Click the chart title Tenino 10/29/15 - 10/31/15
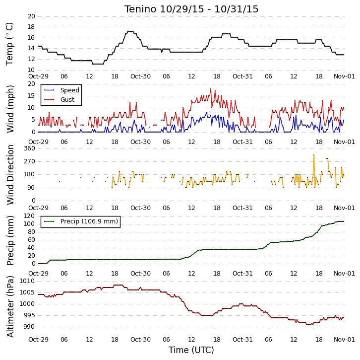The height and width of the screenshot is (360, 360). pos(191,9)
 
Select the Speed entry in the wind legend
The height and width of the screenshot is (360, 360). pos(70,90)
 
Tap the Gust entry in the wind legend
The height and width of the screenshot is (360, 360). pos(67,99)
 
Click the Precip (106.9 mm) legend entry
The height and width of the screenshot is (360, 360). pos(89,221)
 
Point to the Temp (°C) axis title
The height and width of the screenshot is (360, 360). pos(9,44)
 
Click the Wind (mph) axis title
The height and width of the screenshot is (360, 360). pos(10,109)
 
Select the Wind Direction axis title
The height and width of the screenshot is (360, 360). pos(10,175)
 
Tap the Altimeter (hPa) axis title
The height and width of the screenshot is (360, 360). pos(10,306)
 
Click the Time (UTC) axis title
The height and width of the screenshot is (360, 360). pos(191,350)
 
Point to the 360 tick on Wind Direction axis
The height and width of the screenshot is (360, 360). pos(30,148)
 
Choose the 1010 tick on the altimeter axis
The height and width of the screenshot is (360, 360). pos(27,281)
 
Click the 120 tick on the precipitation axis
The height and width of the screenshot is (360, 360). pos(30,216)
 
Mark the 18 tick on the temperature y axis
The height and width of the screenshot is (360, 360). pos(31,27)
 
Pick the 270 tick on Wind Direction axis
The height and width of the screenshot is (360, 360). pos(30,161)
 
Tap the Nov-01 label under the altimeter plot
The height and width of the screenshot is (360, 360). pos(344,340)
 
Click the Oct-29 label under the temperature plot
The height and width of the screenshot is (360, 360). pos(38,76)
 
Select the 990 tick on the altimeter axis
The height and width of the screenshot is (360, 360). pos(29,327)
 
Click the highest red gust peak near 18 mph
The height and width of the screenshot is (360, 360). pos(211,89)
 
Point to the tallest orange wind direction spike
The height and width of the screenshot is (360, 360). pos(314,155)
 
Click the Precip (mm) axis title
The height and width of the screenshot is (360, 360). pos(10,240)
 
